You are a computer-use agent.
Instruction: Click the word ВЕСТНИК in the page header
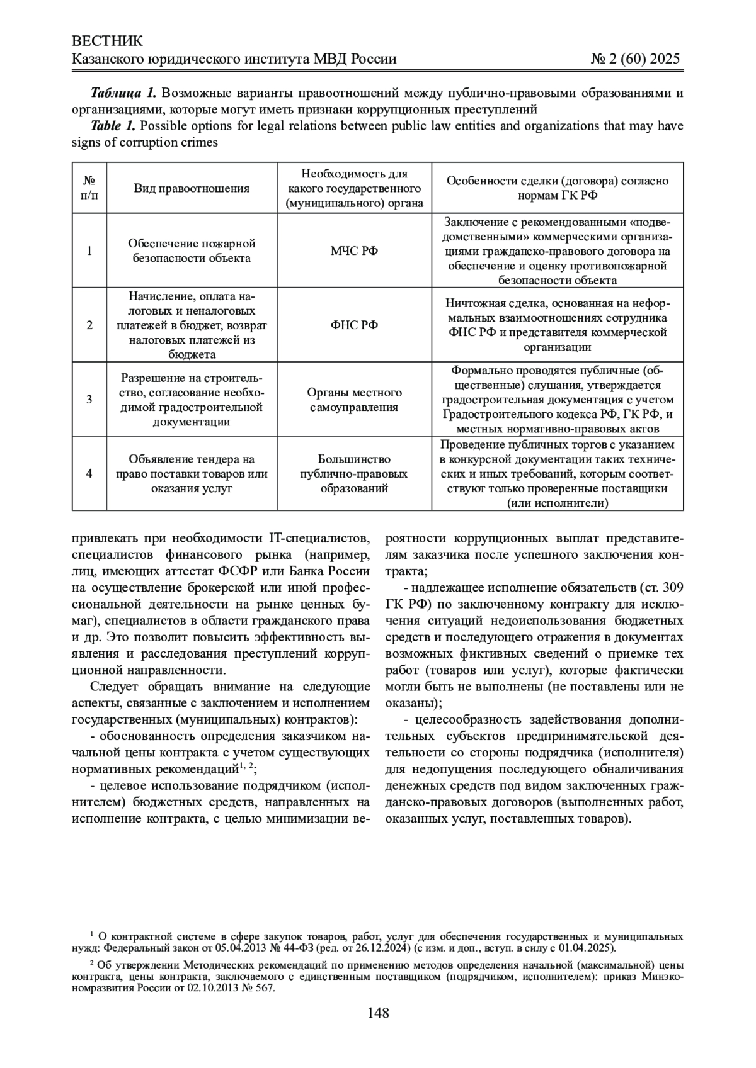[x=108, y=42]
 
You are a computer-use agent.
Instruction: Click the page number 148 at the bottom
[x=378, y=1013]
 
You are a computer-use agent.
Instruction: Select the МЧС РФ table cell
[x=354, y=251]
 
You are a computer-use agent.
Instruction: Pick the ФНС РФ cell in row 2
[x=354, y=325]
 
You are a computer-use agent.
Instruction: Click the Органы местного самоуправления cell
[x=354, y=400]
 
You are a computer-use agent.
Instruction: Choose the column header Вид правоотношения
[x=192, y=188]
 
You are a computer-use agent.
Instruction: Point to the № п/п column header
[x=89, y=188]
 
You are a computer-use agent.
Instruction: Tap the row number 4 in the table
[x=89, y=473]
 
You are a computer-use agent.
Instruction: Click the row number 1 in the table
[x=89, y=251]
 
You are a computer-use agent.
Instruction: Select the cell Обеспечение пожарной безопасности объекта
[x=192, y=251]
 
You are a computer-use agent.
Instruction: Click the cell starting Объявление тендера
[x=192, y=473]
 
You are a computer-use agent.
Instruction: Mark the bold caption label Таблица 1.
[x=123, y=94]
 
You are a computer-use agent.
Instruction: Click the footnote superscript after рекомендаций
[x=246, y=766]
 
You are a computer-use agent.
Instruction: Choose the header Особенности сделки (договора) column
[x=557, y=188]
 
